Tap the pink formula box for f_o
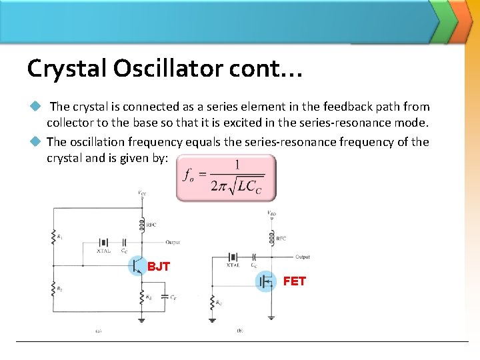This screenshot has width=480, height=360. [225, 178]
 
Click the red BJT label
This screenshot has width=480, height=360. [159, 267]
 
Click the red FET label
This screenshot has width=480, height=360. [294, 281]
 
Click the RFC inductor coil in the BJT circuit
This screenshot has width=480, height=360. [141, 225]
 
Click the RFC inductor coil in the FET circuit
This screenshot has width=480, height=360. [271, 237]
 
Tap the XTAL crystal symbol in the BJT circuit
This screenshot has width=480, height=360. [103, 243]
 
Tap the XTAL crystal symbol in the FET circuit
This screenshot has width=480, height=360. [233, 257]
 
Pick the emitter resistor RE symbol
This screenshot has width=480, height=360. [141, 297]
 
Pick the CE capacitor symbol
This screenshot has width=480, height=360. [165, 298]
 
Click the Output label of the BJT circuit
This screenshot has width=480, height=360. [173, 243]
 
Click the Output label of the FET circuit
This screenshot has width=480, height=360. [302, 257]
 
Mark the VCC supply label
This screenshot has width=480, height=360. [142, 194]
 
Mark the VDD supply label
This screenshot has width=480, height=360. [271, 214]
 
